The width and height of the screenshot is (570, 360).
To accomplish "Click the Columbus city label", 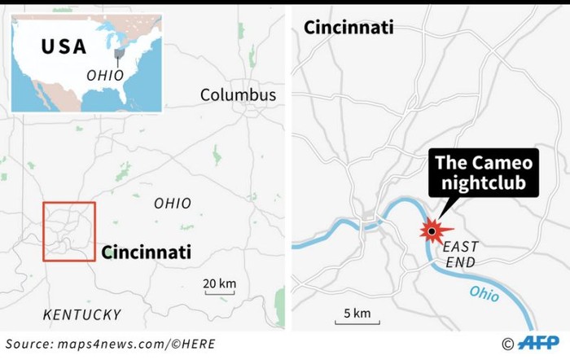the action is [x=238, y=95].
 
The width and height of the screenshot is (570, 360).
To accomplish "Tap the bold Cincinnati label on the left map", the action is [x=146, y=252].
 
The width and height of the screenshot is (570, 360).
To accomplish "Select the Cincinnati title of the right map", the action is [x=348, y=27].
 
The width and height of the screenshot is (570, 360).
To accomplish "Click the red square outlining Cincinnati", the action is [x=69, y=203].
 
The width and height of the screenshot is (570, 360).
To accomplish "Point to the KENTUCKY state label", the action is [x=81, y=314].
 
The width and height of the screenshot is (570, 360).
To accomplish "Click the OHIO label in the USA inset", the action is [x=105, y=74].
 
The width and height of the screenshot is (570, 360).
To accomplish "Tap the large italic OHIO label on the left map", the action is [x=173, y=204].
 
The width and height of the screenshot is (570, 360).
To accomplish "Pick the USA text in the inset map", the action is [x=64, y=46].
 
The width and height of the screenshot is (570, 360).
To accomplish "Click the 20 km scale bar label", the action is [x=219, y=283].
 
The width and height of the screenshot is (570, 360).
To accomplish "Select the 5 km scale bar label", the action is [x=357, y=313].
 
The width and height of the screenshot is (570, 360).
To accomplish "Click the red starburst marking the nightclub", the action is [x=431, y=231].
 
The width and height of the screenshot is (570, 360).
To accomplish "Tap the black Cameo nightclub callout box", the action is [x=484, y=173].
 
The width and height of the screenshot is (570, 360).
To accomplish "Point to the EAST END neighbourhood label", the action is [x=462, y=254].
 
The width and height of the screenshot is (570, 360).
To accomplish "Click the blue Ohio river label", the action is [x=484, y=293].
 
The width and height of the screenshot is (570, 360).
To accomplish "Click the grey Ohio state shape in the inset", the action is [x=120, y=54].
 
